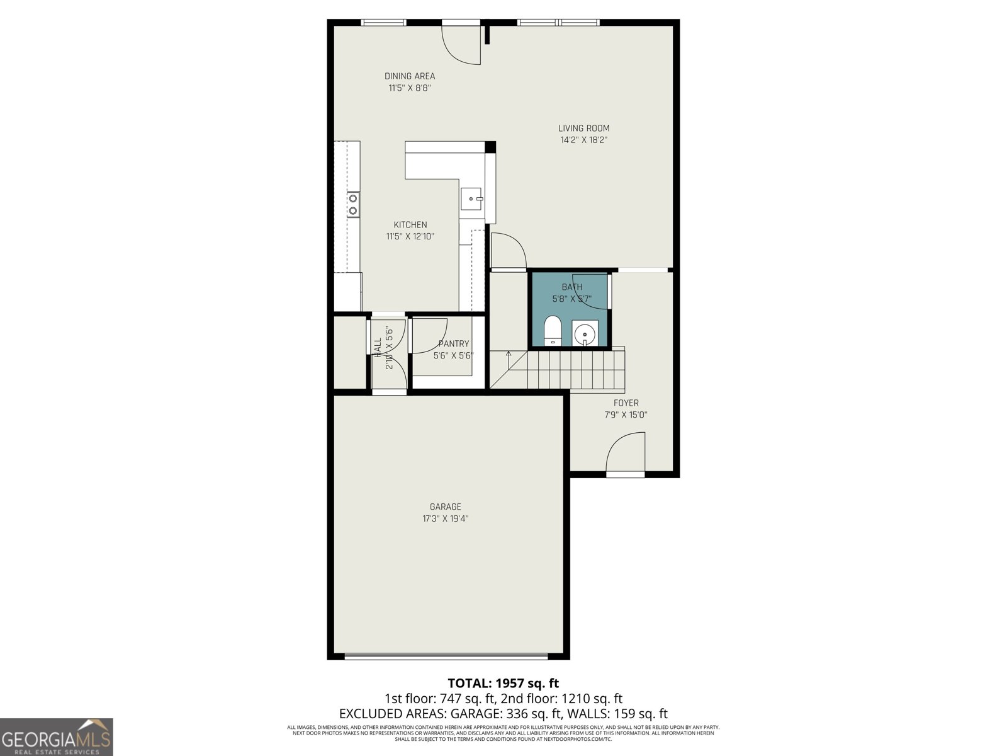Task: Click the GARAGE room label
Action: [x=445, y=507]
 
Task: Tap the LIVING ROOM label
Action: [x=583, y=129]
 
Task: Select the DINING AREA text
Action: [x=410, y=76]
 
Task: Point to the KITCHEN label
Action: [x=410, y=225]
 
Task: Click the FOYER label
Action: [x=626, y=403]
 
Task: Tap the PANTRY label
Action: [x=453, y=344]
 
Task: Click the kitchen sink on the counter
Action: [x=471, y=199]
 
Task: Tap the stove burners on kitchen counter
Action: [x=353, y=204]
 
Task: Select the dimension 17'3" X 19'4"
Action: [x=445, y=519]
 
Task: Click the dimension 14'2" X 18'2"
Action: [x=583, y=140]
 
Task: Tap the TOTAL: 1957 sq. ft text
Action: [x=503, y=683]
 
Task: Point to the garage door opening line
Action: [x=446, y=657]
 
